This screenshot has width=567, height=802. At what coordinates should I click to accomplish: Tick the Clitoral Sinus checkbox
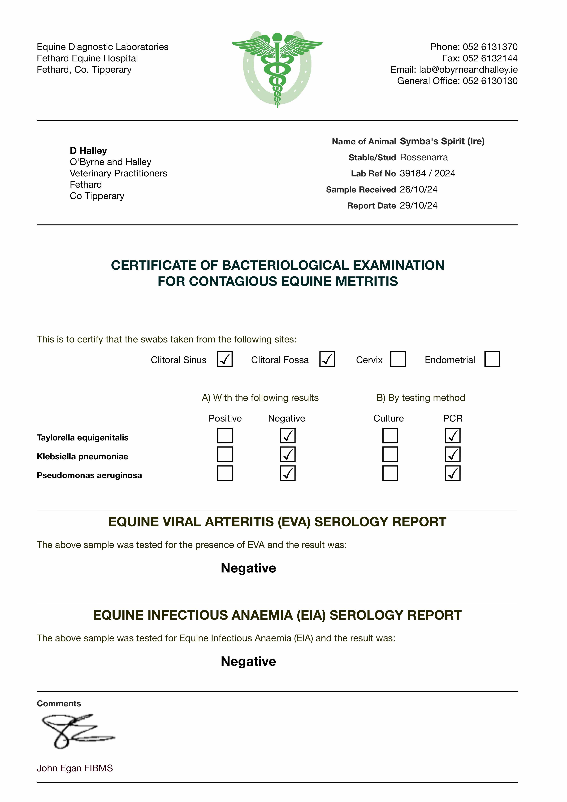pyautogui.click(x=225, y=359)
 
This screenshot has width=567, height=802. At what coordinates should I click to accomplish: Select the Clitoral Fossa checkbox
pyautogui.click(x=327, y=359)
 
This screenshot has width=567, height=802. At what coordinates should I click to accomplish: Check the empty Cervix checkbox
pyautogui.click(x=398, y=359)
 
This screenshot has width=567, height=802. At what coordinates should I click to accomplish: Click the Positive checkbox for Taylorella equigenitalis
pyautogui.click(x=225, y=436)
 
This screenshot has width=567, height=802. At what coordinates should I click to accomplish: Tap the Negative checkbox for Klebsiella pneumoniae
pyautogui.click(x=288, y=454)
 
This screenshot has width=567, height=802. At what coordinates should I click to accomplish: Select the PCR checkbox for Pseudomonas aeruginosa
pyautogui.click(x=453, y=473)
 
